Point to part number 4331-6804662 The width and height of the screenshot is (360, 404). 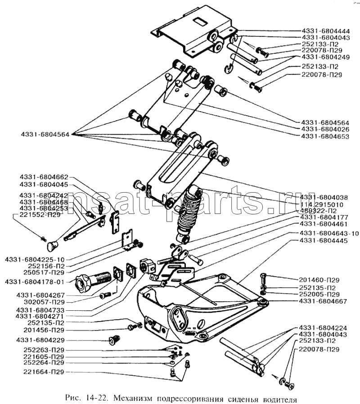click(x=44, y=177)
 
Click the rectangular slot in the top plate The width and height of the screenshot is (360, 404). click(x=198, y=21)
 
